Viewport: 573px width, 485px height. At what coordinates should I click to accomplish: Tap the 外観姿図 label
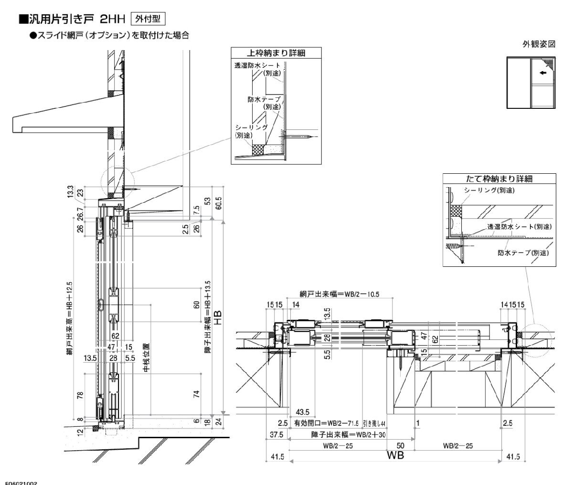click(x=539, y=44)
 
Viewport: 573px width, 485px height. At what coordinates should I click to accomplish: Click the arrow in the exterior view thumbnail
click(x=542, y=74)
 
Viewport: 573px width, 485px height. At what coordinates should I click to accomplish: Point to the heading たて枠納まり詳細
click(x=499, y=179)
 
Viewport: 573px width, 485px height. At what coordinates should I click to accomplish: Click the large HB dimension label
click(x=218, y=317)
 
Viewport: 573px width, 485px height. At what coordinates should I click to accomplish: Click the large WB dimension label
click(x=396, y=455)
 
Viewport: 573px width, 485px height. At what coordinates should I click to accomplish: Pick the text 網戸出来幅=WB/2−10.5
click(x=340, y=295)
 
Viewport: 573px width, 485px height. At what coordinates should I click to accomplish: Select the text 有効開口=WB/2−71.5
click(x=326, y=423)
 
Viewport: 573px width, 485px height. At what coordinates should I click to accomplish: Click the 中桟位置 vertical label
click(x=146, y=357)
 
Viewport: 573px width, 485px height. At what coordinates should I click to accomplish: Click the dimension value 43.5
click(x=303, y=411)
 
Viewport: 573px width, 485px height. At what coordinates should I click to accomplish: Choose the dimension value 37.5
click(x=275, y=435)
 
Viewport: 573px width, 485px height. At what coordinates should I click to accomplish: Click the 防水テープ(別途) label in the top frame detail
click(x=264, y=103)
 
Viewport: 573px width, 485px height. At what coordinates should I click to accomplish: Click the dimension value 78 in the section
click(x=80, y=395)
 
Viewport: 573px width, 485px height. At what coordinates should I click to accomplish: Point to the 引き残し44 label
click(x=374, y=423)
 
